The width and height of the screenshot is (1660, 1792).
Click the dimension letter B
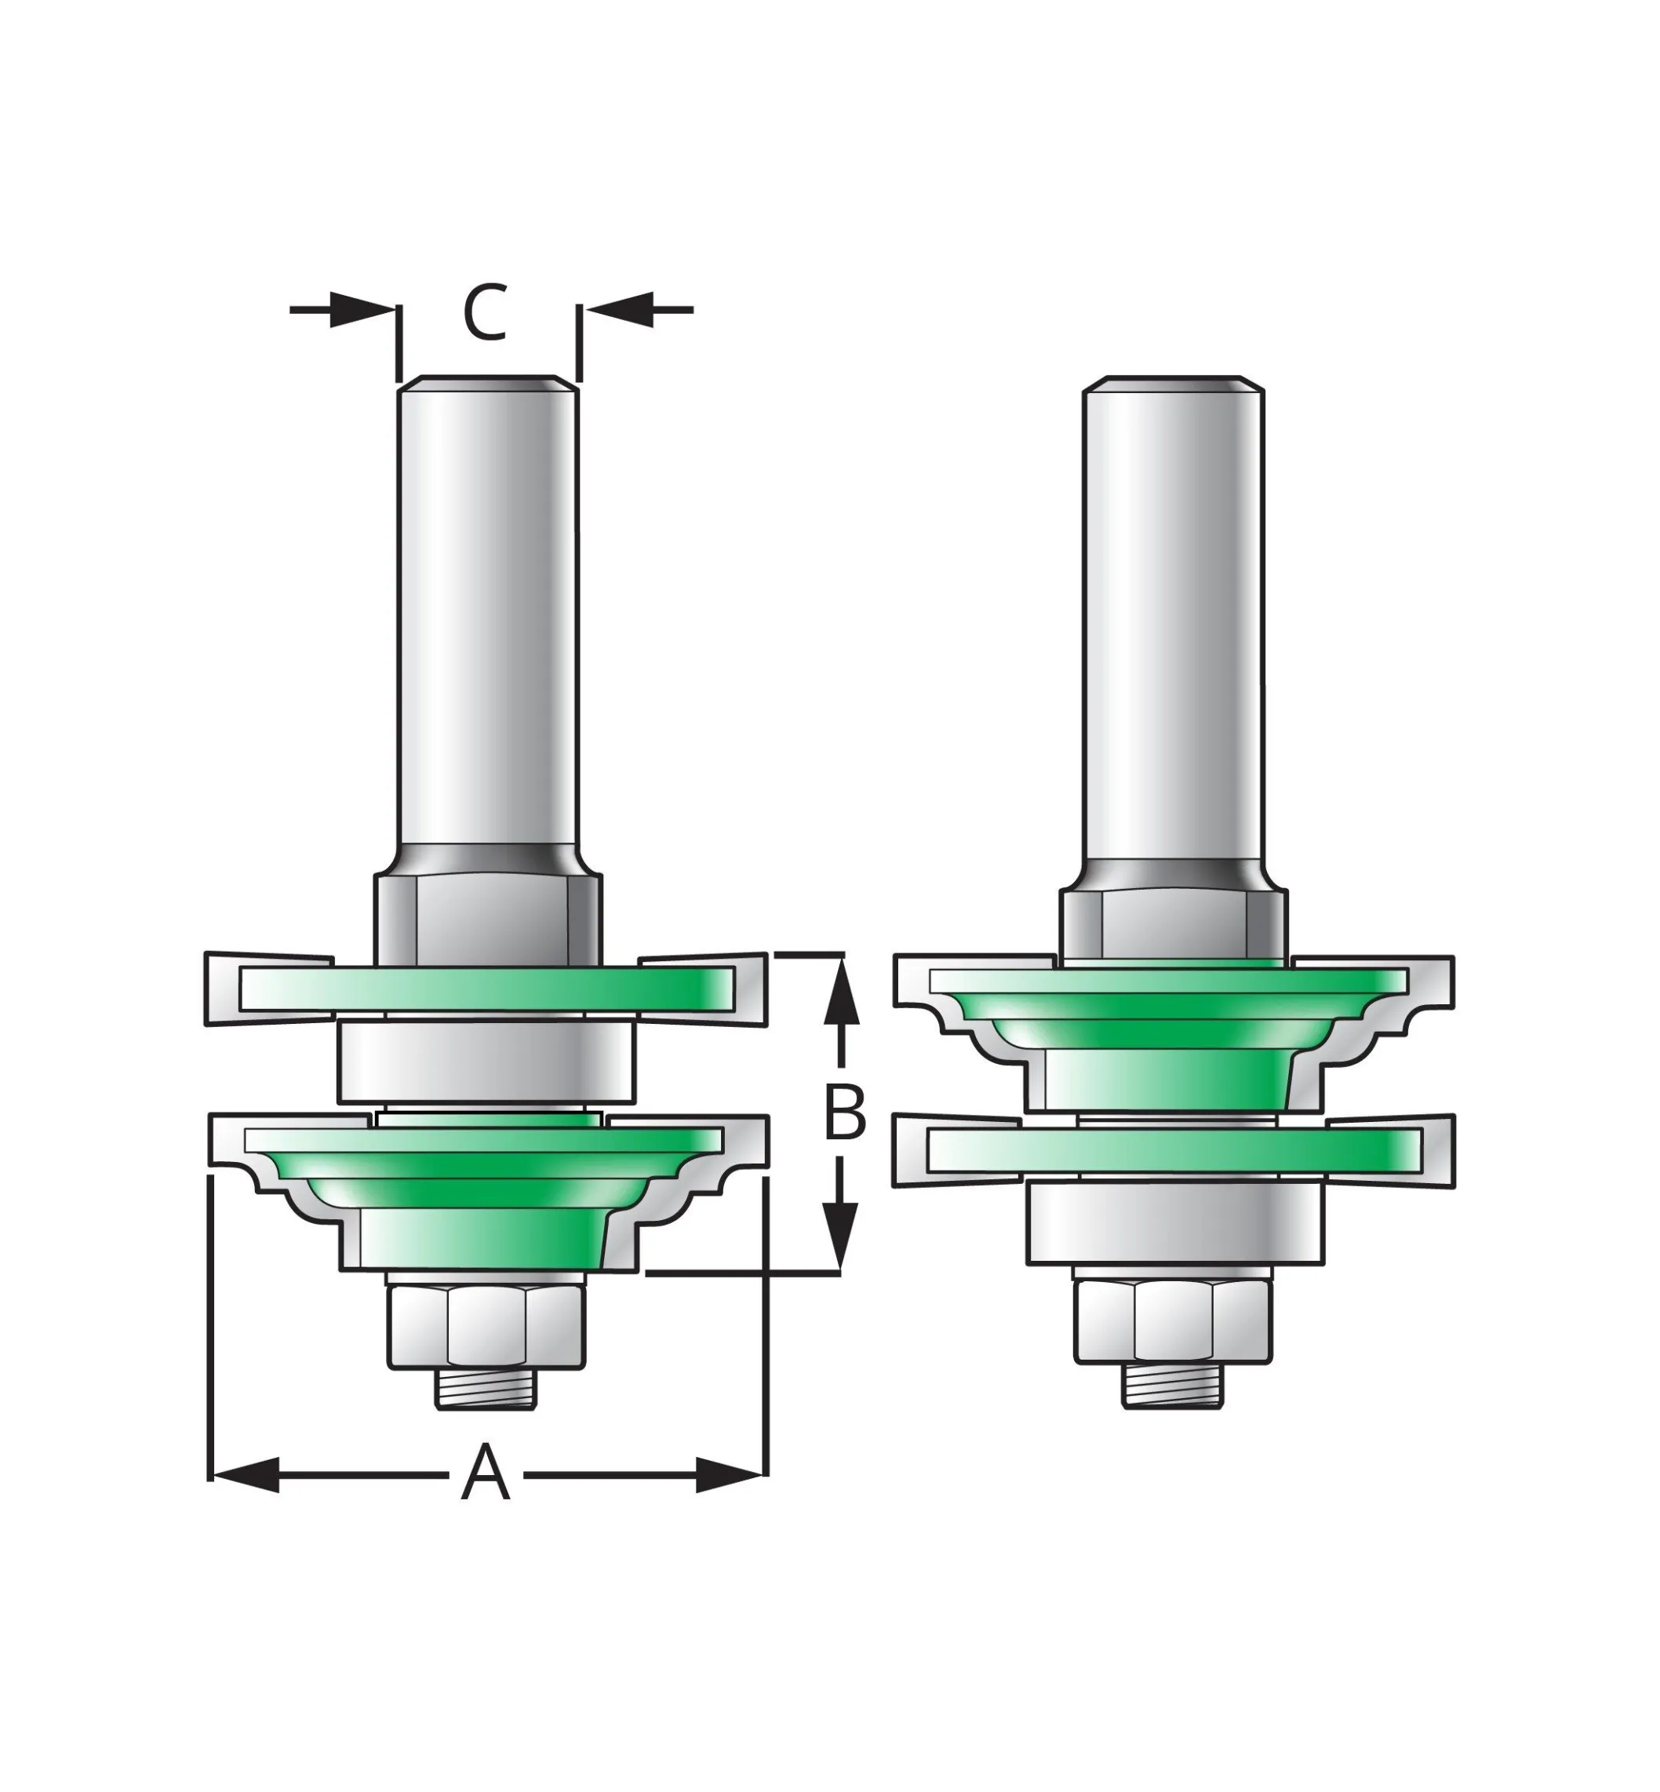[845, 1112]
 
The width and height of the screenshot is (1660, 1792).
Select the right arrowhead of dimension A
[730, 1475]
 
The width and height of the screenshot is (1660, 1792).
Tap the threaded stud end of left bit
[486, 1414]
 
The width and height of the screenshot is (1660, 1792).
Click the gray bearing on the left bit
[486, 1062]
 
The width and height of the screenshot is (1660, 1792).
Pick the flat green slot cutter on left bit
[486, 988]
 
